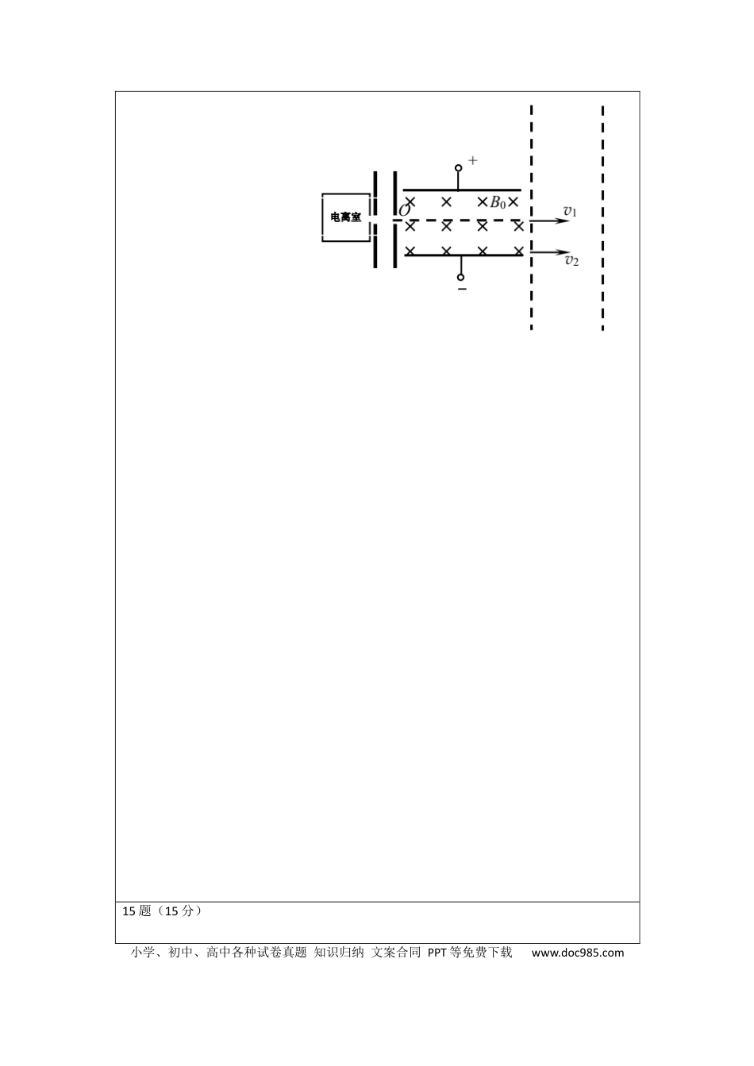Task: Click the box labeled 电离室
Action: [x=346, y=217]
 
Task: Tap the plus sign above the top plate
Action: [x=472, y=160]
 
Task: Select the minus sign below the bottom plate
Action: [x=462, y=289]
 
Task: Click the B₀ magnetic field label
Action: [x=498, y=203]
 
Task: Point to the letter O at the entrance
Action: [x=404, y=210]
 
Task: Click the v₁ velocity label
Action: [x=570, y=211]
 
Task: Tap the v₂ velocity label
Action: [x=571, y=260]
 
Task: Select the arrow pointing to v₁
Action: [x=550, y=220]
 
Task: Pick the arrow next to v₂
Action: [x=550, y=251]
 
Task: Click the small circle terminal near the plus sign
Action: [x=458, y=168]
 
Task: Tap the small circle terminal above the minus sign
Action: [x=460, y=277]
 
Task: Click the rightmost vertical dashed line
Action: [x=603, y=218]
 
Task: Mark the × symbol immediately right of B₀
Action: [x=513, y=202]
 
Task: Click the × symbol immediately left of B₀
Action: [x=483, y=202]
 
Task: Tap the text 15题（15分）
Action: [x=163, y=911]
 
